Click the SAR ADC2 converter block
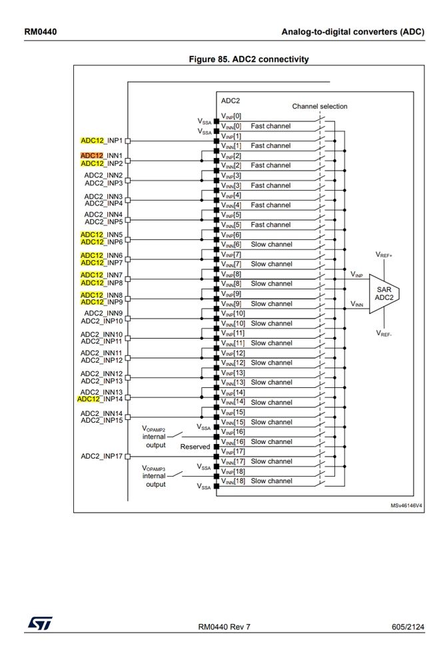click(x=383, y=293)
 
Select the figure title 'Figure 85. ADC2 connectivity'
click(x=248, y=59)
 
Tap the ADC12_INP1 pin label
click(x=101, y=141)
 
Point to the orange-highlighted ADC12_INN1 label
click(x=101, y=155)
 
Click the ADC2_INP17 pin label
click(x=102, y=456)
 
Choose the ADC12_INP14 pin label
click(x=100, y=399)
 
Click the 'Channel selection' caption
click(x=319, y=106)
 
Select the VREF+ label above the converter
click(x=384, y=255)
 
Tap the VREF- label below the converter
click(x=384, y=333)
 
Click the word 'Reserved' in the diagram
click(x=195, y=447)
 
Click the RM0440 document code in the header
click(x=40, y=31)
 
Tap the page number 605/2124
click(x=408, y=627)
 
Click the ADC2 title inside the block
click(x=230, y=101)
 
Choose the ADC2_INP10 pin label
click(x=102, y=320)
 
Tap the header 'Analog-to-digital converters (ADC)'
click(x=352, y=31)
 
